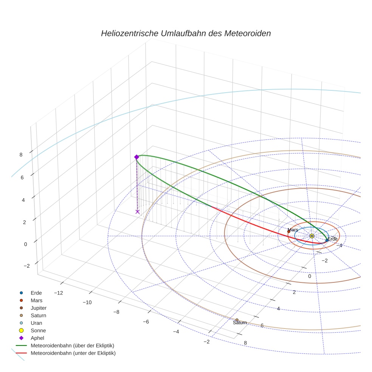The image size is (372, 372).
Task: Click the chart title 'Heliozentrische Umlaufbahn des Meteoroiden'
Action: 186,33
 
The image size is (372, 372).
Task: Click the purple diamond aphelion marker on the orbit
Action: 136,157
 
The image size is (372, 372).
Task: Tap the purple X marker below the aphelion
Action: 137,212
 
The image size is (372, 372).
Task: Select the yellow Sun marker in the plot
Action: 312,236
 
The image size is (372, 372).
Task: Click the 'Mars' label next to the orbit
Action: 293,230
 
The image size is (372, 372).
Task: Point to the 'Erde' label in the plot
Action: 332,239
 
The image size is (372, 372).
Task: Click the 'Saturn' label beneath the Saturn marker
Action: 240,322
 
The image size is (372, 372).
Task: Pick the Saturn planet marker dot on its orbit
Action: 237,320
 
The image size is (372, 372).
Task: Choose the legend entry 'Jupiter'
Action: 39,308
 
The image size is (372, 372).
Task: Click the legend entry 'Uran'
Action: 36,323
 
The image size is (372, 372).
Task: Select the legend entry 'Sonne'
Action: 38,330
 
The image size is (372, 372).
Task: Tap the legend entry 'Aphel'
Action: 37,338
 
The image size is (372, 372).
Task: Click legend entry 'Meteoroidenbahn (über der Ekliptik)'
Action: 72,346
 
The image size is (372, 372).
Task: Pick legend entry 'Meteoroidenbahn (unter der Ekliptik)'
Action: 73,353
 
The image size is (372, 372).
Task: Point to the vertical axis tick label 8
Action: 21,155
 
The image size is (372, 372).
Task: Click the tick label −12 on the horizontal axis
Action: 59,293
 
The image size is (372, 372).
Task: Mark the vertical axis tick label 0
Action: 26,244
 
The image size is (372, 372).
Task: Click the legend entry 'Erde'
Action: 36,293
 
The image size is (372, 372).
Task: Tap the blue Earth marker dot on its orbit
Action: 327,240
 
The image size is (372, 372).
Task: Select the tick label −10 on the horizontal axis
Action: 87,302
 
